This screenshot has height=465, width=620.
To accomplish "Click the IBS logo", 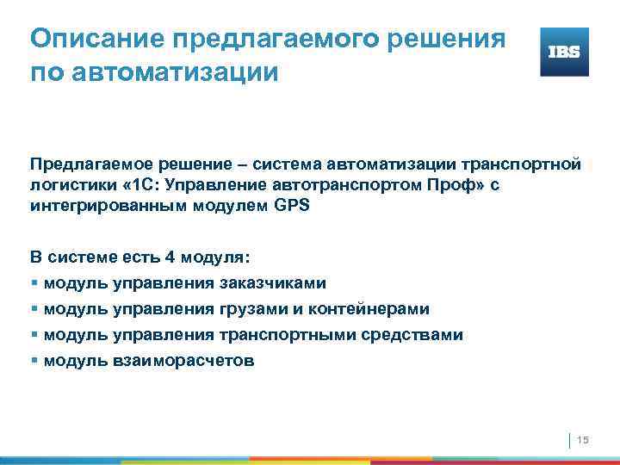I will tap(564, 52).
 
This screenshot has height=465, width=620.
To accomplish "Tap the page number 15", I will tap(582, 441).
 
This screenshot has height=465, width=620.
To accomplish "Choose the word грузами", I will tap(255, 309).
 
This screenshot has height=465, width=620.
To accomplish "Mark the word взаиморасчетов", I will tap(183, 361).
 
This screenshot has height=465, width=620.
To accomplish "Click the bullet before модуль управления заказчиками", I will tap(34, 283).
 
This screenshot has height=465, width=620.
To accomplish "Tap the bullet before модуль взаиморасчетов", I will tap(34, 361).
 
